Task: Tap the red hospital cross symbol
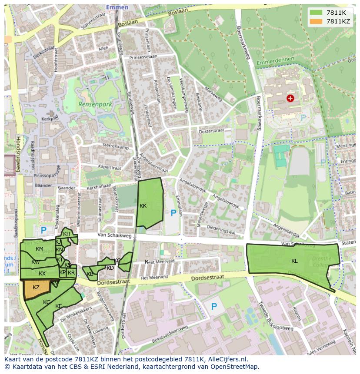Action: tap(290, 98)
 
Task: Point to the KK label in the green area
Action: tap(143, 205)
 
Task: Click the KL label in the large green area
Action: tap(295, 261)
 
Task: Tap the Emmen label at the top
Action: tap(117, 7)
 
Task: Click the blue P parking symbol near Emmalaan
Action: tap(174, 213)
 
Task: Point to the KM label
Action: tap(40, 249)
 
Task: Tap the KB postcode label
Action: tap(90, 274)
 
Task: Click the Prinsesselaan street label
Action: tap(143, 56)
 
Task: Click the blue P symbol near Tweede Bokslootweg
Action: tap(213, 307)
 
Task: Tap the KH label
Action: tap(67, 234)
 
